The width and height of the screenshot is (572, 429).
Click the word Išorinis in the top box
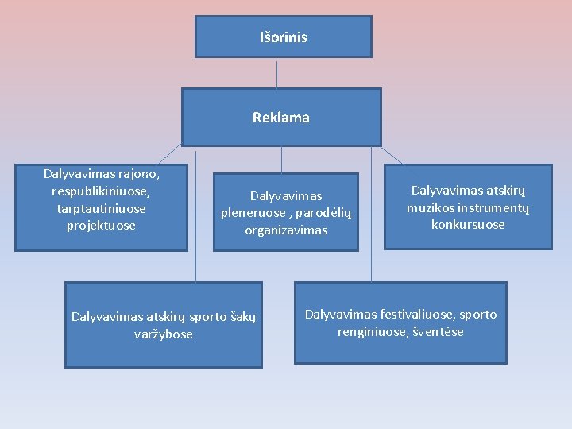pos(283,37)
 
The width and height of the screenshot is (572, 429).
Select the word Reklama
pos(281,118)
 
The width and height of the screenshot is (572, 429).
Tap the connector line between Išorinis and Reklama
pos(276,72)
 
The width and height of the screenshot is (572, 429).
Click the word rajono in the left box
pos(139,173)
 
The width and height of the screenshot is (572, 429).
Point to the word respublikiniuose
pos(100,191)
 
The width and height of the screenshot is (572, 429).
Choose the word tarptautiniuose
pos(101,208)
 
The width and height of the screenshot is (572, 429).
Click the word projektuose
pos(101,226)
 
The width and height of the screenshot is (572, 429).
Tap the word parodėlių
pos(321,213)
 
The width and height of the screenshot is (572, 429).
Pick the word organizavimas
pos(286,230)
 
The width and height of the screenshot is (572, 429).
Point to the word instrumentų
pos(493,208)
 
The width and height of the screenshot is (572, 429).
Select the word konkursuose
pos(468,225)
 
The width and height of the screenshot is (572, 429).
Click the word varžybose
pos(164,334)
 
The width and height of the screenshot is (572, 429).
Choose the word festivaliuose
pos(417,315)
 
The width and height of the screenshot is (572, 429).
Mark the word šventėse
pos(438,332)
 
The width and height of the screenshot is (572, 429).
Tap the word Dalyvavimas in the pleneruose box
pos(286,195)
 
